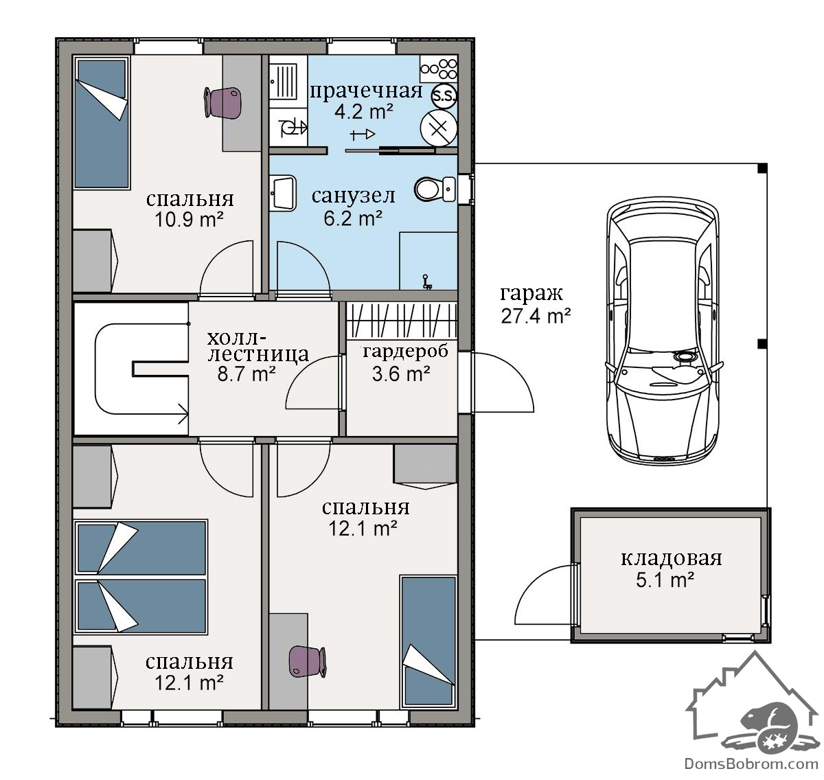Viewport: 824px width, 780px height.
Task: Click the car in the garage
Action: [x=664, y=331]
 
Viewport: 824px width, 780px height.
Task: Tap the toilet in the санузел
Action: [x=434, y=189]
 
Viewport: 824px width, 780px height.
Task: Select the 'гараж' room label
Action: [x=531, y=294]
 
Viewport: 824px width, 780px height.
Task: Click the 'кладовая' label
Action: [x=671, y=558]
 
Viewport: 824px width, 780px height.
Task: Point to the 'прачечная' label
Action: [x=365, y=91]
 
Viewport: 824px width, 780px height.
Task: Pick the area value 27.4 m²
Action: [x=535, y=316]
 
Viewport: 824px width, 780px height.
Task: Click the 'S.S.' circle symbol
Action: [x=444, y=96]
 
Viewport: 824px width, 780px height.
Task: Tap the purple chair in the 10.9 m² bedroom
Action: [x=222, y=103]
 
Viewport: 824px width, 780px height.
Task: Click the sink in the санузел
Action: [x=284, y=193]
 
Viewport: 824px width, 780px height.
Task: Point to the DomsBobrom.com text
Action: [x=751, y=764]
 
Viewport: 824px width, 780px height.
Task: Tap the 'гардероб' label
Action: [x=405, y=352]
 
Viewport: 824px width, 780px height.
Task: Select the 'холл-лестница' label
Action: [x=257, y=346]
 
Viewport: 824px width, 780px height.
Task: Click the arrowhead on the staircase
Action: [x=183, y=414]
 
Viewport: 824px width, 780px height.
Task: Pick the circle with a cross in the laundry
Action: [x=438, y=129]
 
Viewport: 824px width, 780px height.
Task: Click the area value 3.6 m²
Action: [x=401, y=374]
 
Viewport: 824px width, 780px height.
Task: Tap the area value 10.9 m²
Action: [x=189, y=219]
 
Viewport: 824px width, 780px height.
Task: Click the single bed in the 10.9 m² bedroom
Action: [x=101, y=123]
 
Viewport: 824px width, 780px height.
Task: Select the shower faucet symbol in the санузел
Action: [x=426, y=282]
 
